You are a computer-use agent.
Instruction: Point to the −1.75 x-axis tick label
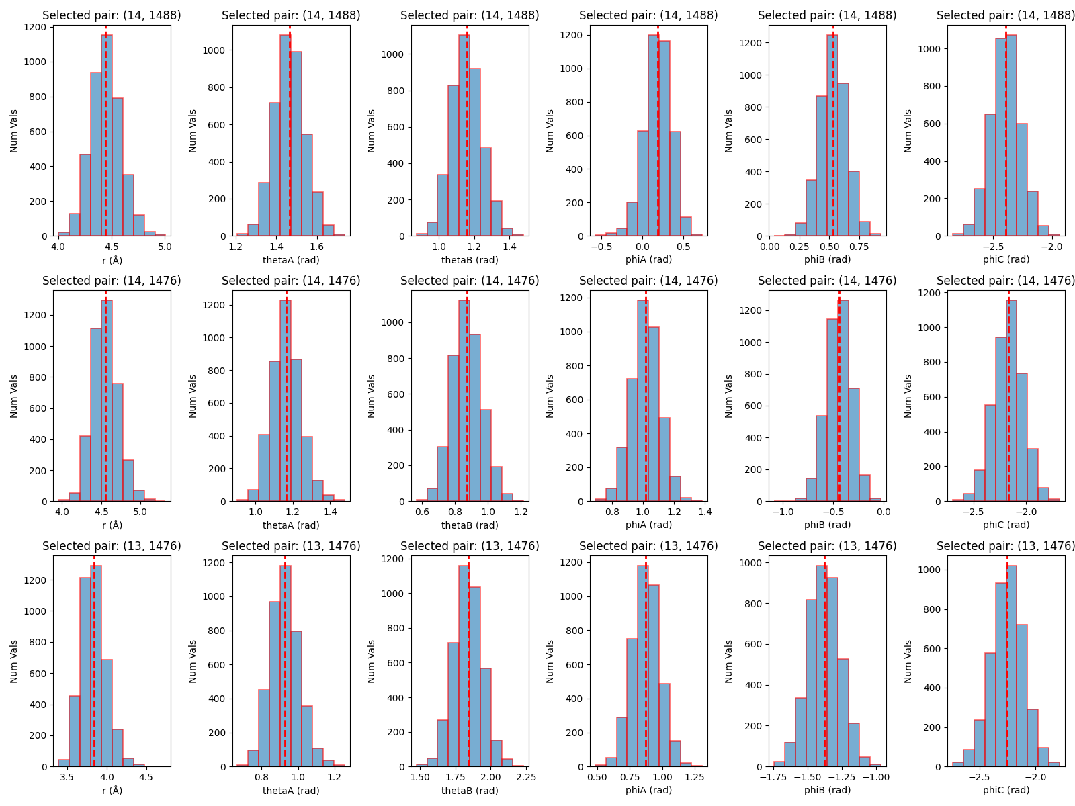click(773, 777)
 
